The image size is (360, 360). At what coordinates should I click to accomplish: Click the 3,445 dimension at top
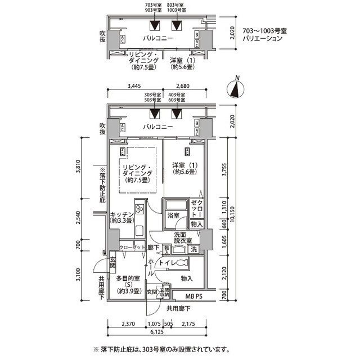133,87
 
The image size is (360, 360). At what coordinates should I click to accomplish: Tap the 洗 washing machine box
193,249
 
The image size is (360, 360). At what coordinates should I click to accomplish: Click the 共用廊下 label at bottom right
178,308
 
